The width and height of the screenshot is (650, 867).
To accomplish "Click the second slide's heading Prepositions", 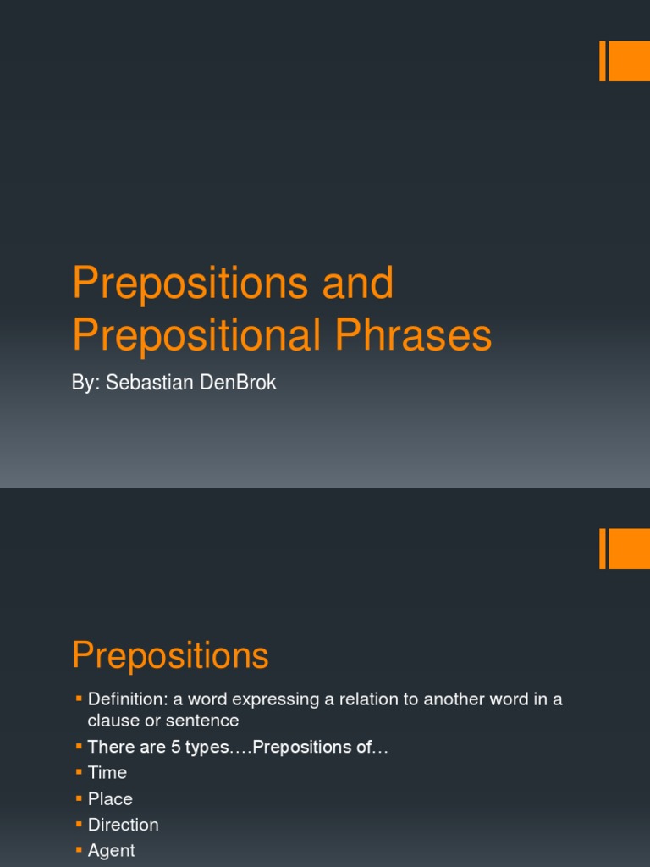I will (170, 655).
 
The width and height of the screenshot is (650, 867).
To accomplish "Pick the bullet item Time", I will (107, 772).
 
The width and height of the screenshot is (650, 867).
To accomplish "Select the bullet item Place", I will (110, 798).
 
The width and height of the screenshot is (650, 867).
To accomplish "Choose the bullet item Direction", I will (123, 825).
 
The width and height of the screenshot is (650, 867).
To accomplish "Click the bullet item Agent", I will (111, 850).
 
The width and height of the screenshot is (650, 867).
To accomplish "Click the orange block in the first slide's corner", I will (628, 61).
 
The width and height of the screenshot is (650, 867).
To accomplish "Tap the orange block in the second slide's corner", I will (628, 549).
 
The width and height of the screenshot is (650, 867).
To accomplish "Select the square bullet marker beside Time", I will (79, 771).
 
